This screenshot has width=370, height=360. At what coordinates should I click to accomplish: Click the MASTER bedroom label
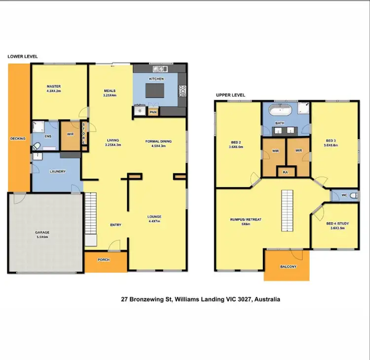pyautogui.click(x=53, y=86)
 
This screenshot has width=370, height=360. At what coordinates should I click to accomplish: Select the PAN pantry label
pyautogui.click(x=153, y=112)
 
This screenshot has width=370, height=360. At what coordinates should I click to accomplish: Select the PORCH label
pyautogui.click(x=104, y=260)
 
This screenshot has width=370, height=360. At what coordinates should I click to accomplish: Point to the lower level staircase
pyautogui.click(x=90, y=217)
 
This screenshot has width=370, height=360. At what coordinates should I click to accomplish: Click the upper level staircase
pyautogui.click(x=287, y=207)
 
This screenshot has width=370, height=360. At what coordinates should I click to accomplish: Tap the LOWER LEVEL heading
pyautogui.click(x=22, y=57)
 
